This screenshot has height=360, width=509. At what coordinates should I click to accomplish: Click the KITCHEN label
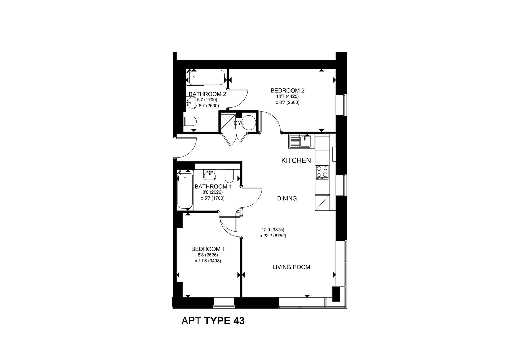click(296, 160)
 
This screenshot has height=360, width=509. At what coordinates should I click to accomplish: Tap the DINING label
click(287, 199)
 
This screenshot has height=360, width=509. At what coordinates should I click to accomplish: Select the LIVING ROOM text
click(291, 267)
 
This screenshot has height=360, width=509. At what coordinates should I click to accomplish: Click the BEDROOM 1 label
click(208, 249)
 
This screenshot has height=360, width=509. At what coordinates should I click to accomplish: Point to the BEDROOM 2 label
click(287, 90)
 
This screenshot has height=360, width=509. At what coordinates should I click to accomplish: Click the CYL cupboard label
click(239, 123)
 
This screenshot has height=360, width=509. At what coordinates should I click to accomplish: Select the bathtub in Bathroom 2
click(206, 78)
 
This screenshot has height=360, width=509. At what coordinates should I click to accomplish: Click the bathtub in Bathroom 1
click(185, 191)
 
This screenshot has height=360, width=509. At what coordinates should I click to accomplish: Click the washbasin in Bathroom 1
click(210, 174)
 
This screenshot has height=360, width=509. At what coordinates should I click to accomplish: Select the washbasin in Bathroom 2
click(191, 103)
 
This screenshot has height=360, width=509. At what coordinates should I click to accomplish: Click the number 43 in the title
click(239, 321)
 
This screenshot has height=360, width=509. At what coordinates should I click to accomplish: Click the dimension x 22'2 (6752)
click(273, 236)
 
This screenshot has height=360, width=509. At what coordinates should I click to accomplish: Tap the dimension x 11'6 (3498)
click(208, 261)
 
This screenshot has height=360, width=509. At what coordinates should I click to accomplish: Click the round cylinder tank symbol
click(249, 122)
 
